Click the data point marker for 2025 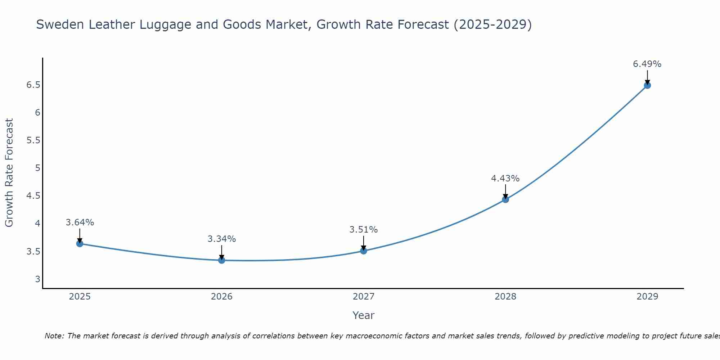[x=80, y=244]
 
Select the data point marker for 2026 [x=222, y=260]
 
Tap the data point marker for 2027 [x=364, y=251]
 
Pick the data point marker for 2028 [x=505, y=199]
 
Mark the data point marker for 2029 [x=647, y=85]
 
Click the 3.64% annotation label [x=80, y=222]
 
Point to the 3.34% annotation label [x=222, y=239]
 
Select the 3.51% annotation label [x=364, y=230]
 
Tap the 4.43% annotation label [x=505, y=179]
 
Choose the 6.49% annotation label [x=647, y=64]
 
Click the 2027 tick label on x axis [x=364, y=297]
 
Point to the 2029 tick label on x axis [x=647, y=297]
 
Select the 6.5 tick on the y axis [x=33, y=85]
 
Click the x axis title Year [x=364, y=315]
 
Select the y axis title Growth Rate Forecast [x=9, y=173]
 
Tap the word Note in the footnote [x=54, y=336]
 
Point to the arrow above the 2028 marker [x=505, y=191]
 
